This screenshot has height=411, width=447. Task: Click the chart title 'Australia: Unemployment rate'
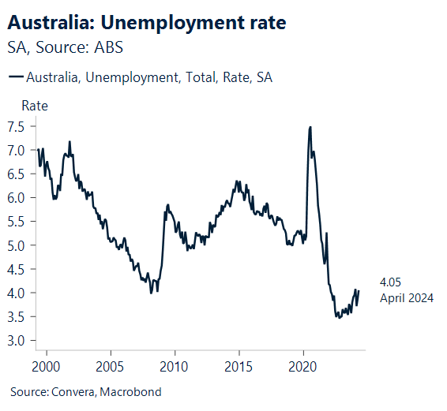pos(147,23)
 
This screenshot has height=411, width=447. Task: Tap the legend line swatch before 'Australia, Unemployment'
pos(15,77)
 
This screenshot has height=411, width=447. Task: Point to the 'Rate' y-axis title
pos(34,106)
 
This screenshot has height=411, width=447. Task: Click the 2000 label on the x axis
pos(46,366)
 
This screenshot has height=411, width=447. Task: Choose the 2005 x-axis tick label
pos(110,366)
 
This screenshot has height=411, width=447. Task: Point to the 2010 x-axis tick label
pos(175,366)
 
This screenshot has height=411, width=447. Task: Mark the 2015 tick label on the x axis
pos(239,366)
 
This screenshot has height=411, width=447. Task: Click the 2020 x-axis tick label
pos(304,366)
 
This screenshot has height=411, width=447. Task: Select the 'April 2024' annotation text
pos(407,298)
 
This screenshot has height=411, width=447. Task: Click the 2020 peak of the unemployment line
pos(310,127)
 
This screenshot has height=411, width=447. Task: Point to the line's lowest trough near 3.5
pos(338,317)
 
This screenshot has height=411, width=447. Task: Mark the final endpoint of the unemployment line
pos(359,290)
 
